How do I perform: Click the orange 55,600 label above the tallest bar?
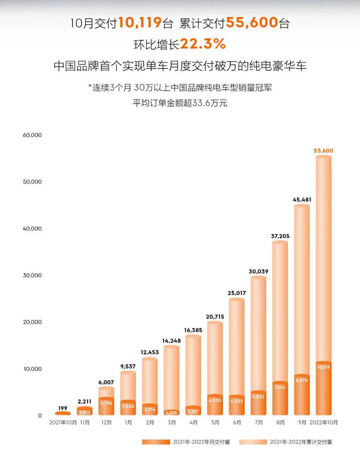coord(323,151)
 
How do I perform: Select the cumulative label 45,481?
coord(301,199)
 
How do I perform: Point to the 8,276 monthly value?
coord(301,380)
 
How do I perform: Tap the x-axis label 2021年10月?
coord(63,423)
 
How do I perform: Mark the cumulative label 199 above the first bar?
coord(63,408)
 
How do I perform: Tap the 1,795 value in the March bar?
coord(171,412)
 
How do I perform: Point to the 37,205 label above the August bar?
coord(280,236)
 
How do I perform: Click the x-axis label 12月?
coord(106,423)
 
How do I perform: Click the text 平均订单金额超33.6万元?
coord(180,103)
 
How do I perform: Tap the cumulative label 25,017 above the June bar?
coord(236,293)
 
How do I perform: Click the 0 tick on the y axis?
coord(40,416)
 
